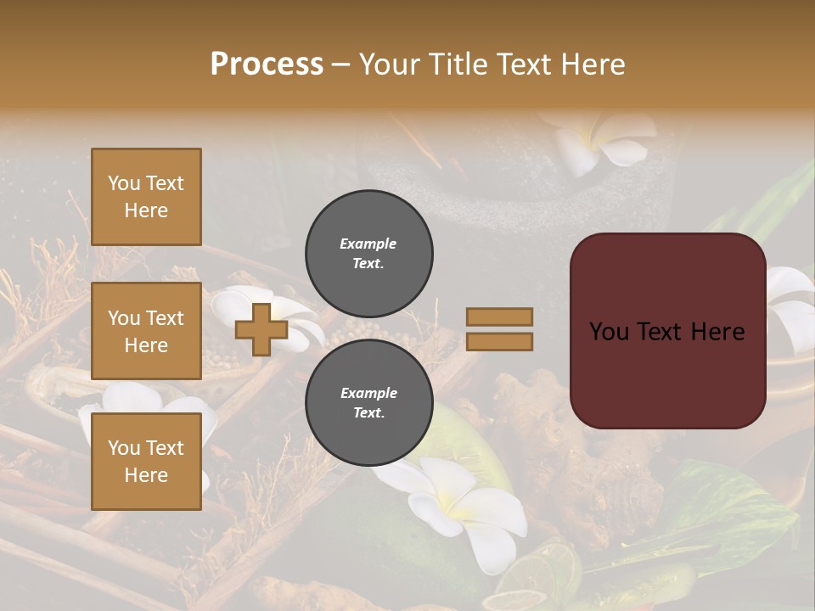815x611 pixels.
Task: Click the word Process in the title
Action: pos(267,64)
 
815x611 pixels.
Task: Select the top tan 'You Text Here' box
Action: pos(146,197)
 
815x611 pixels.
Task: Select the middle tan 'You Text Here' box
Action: pos(146,331)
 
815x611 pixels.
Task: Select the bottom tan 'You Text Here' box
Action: pos(146,461)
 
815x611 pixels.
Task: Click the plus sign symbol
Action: pos(261,329)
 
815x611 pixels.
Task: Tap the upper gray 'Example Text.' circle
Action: pos(368,253)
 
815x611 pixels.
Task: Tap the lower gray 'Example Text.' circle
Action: pos(368,402)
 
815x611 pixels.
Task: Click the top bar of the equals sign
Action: pos(499,317)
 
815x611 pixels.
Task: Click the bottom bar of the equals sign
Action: pos(499,342)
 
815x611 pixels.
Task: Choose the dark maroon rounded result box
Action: pos(667,331)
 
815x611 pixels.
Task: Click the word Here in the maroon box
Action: pos(717,332)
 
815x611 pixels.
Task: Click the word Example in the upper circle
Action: pos(368,244)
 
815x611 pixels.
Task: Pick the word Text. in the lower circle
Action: pos(368,412)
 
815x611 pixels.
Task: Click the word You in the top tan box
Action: pos(124,183)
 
